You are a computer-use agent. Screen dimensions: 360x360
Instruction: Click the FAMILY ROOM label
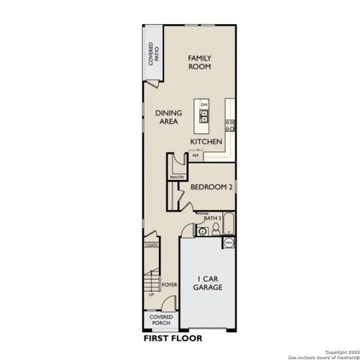pos(199,61)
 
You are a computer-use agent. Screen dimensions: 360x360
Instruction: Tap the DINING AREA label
pos(169,117)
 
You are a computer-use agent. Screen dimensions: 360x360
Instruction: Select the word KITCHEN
pos(205,142)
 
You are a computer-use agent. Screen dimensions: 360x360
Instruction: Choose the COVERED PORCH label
pos(161,320)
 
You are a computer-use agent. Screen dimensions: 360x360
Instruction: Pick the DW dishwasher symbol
pos(203,104)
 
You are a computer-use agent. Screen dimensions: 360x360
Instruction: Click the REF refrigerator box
pos(196,156)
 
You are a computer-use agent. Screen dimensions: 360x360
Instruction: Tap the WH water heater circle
pos(228,243)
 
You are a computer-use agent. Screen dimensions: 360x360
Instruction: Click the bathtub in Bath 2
pos(229,224)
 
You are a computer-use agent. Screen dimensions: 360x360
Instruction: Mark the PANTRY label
pos(177,177)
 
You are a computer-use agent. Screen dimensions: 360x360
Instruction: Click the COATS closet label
pos(150,245)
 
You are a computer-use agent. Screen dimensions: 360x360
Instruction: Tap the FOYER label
pos(169,285)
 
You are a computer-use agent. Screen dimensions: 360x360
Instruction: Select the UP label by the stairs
pos(152,295)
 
